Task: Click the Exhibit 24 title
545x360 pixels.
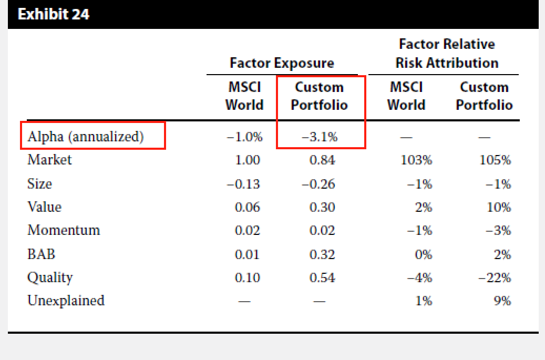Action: click(x=54, y=14)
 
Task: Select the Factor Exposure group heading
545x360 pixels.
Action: click(x=282, y=63)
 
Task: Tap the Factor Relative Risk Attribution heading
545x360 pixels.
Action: click(x=447, y=54)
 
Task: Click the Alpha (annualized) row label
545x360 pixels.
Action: click(x=86, y=137)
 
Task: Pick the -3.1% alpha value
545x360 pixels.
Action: click(x=320, y=137)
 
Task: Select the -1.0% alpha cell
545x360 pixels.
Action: click(x=244, y=137)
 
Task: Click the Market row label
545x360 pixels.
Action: click(x=50, y=159)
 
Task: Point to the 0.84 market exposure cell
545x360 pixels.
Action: click(x=322, y=160)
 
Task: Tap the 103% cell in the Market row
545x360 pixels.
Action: click(x=416, y=160)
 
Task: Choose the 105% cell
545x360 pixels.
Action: click(x=495, y=160)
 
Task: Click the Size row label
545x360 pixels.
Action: click(x=39, y=183)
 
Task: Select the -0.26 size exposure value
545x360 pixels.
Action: click(x=318, y=184)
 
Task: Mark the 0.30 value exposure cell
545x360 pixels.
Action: click(x=322, y=208)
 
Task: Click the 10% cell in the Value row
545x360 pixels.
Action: click(x=499, y=208)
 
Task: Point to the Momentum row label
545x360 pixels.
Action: click(x=64, y=230)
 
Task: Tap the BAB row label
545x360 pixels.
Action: click(x=42, y=254)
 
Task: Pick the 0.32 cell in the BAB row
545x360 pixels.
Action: click(x=322, y=254)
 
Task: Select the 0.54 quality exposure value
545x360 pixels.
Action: click(x=322, y=277)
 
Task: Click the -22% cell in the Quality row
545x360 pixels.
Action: click(x=495, y=277)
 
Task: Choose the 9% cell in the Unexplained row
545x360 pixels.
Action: click(x=502, y=301)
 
